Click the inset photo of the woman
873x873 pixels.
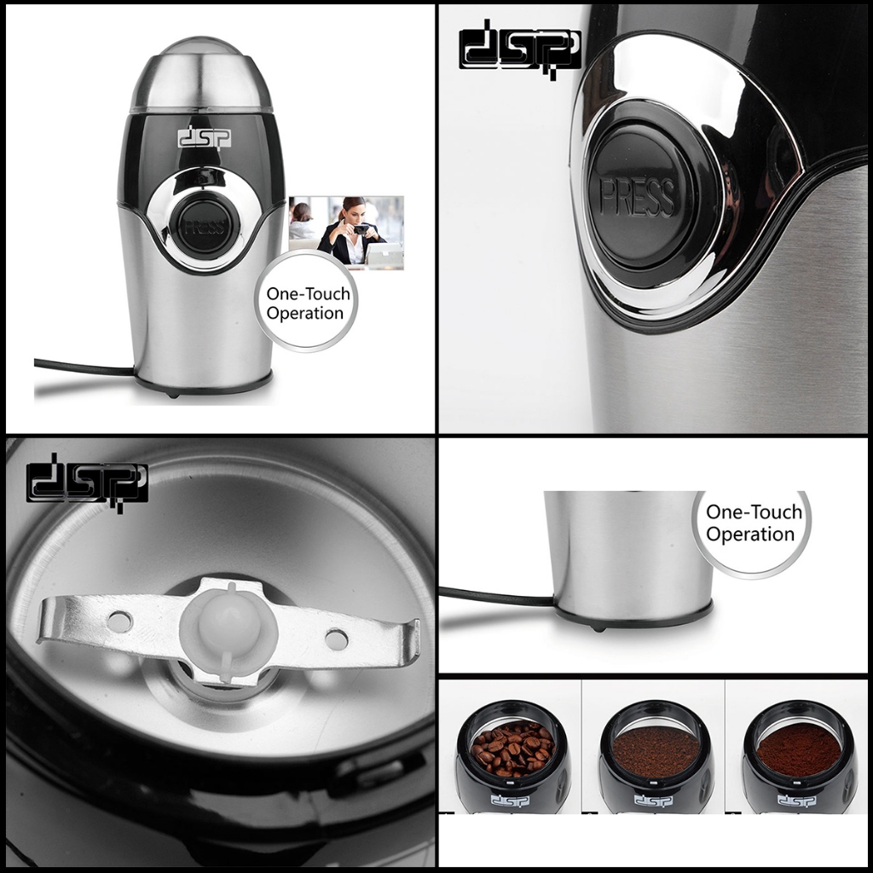pos(346,232)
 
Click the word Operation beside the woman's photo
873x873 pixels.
pos(305,313)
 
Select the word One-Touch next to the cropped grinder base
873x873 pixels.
pos(754,512)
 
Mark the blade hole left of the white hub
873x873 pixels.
pos(119,622)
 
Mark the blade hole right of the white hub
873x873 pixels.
pos(337,639)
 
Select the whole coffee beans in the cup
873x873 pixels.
pos(512,748)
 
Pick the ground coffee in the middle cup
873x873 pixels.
pos(656,750)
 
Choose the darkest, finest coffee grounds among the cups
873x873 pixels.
pos(799,749)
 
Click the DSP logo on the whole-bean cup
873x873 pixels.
pos(510,801)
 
